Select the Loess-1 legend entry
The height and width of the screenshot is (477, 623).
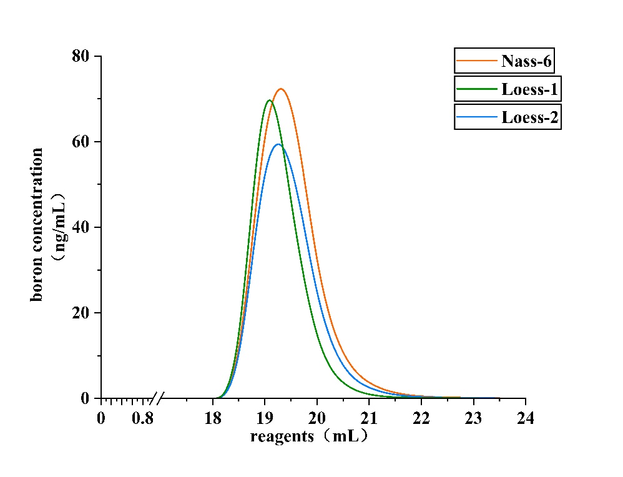point(507,89)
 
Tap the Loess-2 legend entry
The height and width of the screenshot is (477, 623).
point(507,117)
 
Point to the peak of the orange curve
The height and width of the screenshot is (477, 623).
point(281,89)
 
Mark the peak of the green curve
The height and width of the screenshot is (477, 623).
point(269,100)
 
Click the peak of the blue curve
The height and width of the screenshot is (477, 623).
point(278,144)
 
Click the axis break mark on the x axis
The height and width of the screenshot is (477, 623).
point(159,398)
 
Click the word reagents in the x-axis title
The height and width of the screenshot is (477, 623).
point(282,436)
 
